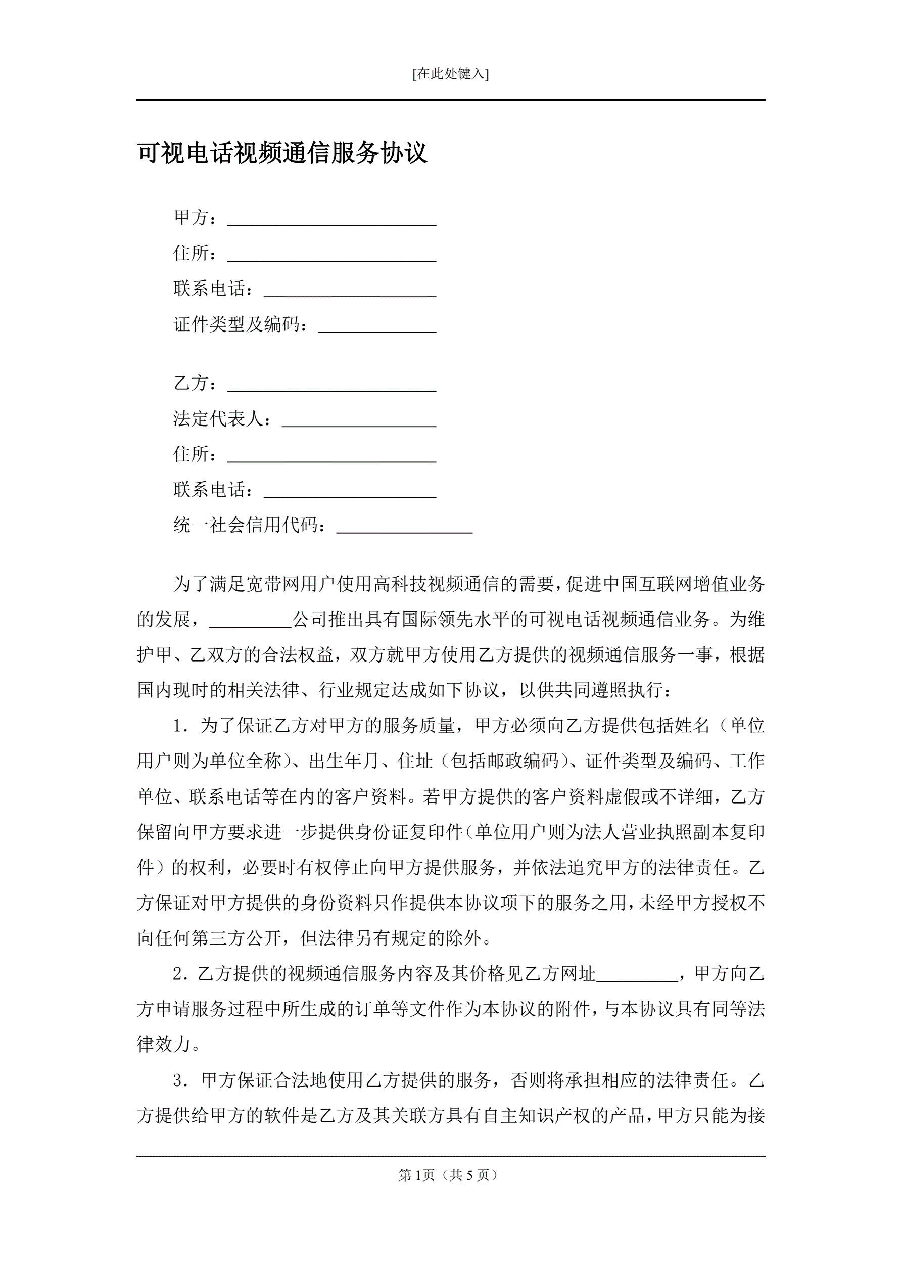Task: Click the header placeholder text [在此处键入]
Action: click(450, 74)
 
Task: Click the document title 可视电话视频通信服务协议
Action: click(282, 153)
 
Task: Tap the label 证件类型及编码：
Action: click(241, 324)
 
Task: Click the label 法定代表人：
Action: click(223, 419)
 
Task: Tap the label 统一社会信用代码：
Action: click(250, 525)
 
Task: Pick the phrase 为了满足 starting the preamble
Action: click(209, 584)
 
